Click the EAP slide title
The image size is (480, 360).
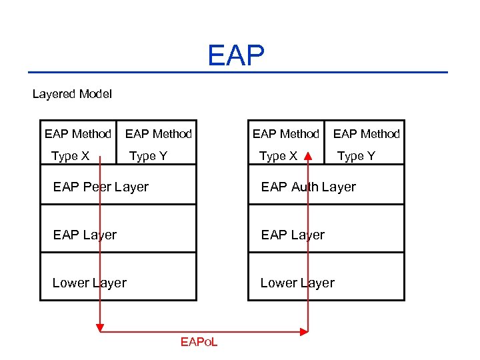click(236, 56)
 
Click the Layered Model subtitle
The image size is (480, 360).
click(72, 94)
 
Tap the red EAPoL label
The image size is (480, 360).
click(199, 342)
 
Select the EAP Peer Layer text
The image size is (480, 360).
click(101, 187)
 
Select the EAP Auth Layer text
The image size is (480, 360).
click(308, 187)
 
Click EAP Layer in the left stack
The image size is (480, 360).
click(85, 235)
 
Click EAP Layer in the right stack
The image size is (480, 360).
click(293, 235)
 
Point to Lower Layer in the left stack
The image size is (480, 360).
click(89, 283)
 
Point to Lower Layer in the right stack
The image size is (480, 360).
click(297, 283)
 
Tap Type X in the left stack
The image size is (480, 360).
click(70, 156)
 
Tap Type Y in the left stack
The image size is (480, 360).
click(148, 156)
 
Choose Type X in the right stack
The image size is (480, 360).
click(278, 156)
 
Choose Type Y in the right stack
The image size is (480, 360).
click(356, 156)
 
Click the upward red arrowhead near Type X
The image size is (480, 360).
click(308, 155)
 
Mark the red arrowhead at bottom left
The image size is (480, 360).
click(101, 328)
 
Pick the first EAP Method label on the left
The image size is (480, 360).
click(78, 134)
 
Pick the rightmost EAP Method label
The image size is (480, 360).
click(366, 134)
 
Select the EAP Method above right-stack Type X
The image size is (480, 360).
click(286, 134)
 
